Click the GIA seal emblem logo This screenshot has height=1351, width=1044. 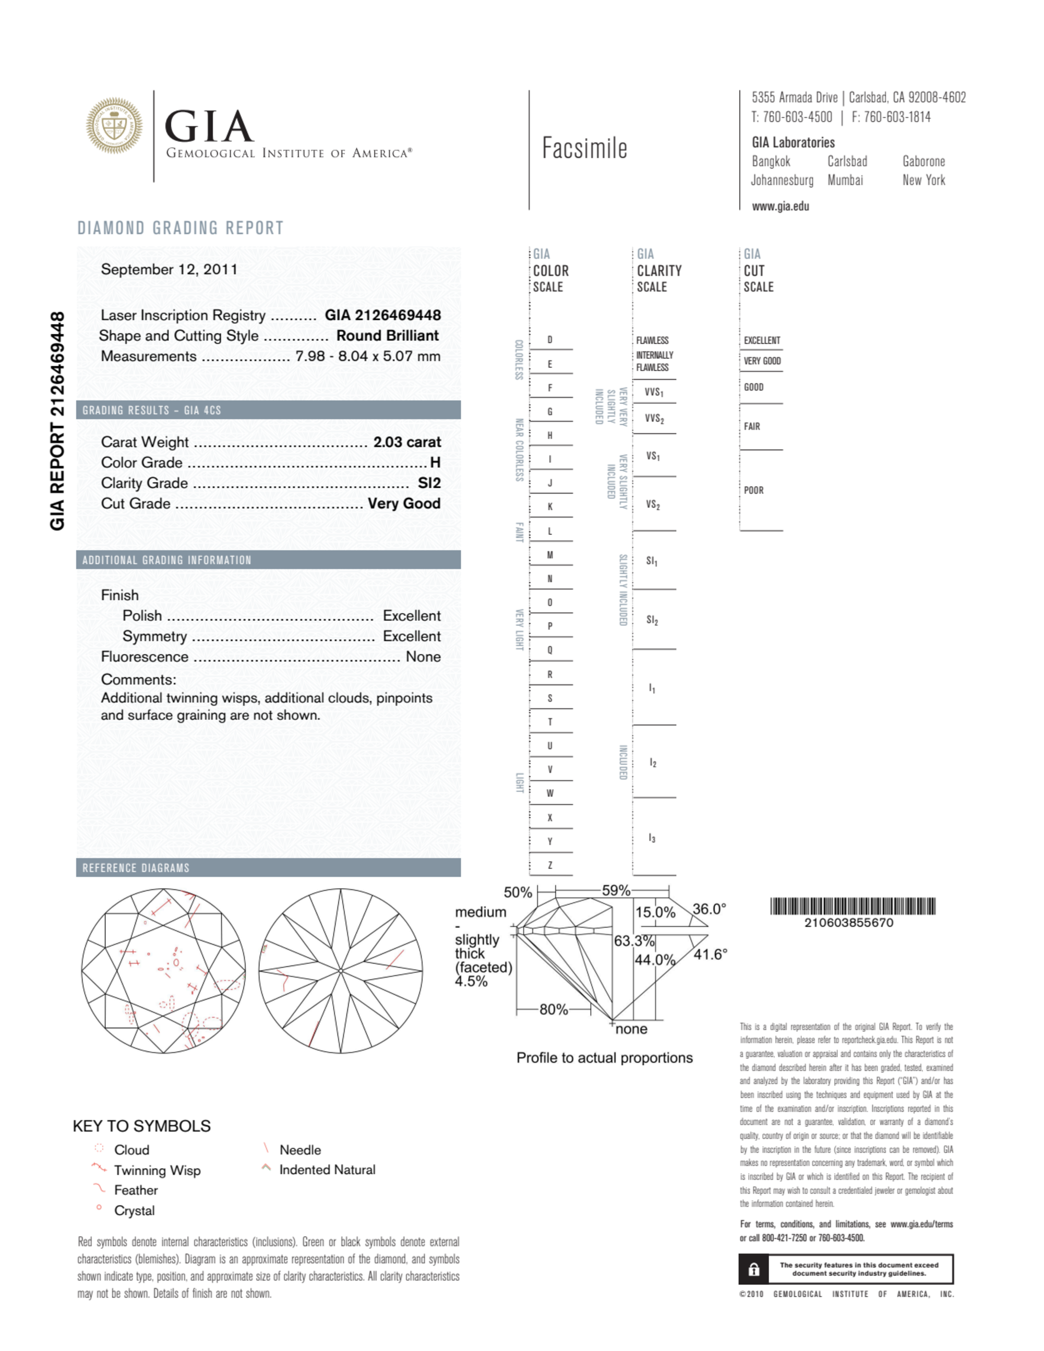pyautogui.click(x=114, y=126)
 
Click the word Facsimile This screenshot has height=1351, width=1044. pyautogui.click(x=584, y=149)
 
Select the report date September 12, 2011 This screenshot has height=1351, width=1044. pyautogui.click(x=169, y=270)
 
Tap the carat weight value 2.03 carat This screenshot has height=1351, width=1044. pyautogui.click(x=406, y=442)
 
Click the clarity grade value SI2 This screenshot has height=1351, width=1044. pyautogui.click(x=429, y=483)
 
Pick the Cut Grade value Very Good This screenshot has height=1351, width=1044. pyautogui.click(x=404, y=503)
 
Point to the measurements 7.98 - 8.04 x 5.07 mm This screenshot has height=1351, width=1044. pyautogui.click(x=368, y=356)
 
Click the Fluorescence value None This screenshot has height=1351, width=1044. pyautogui.click(x=423, y=657)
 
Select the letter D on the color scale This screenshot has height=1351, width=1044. pyautogui.click(x=549, y=340)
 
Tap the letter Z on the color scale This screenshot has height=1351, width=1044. pyautogui.click(x=549, y=865)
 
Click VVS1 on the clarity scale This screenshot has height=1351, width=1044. pyautogui.click(x=654, y=392)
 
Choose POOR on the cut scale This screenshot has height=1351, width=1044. pyautogui.click(x=753, y=490)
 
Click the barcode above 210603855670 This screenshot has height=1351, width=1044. pyautogui.click(x=852, y=907)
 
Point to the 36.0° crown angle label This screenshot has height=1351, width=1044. pyautogui.click(x=709, y=909)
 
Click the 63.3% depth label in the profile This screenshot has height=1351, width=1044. pyautogui.click(x=634, y=941)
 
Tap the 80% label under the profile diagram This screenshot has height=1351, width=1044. pyautogui.click(x=553, y=1009)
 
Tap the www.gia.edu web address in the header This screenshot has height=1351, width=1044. pyautogui.click(x=781, y=207)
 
